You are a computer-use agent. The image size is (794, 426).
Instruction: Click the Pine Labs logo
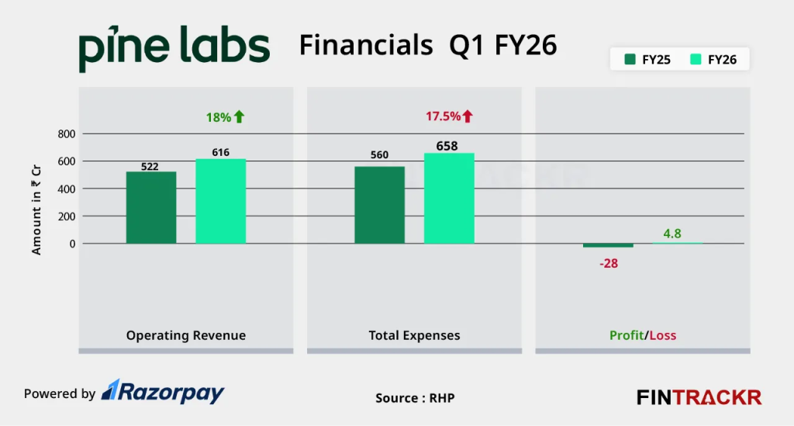[x=174, y=48]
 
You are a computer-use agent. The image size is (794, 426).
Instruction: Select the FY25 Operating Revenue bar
[x=151, y=207]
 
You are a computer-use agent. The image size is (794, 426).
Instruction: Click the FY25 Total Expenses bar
[x=379, y=205]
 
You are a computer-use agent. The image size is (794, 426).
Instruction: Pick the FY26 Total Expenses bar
[x=449, y=198]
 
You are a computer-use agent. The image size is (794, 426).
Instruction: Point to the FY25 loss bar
[x=608, y=245]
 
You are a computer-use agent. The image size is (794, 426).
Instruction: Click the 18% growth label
[x=225, y=117]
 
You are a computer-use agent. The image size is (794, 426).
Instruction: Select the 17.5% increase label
[x=449, y=116]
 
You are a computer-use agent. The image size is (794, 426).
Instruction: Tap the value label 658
[x=447, y=146]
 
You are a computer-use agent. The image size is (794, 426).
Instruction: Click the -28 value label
[x=608, y=263]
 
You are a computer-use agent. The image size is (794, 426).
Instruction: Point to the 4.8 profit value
[x=671, y=233]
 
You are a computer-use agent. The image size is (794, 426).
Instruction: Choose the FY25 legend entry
[x=647, y=59]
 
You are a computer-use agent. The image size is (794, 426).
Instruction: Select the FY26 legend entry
[x=713, y=59]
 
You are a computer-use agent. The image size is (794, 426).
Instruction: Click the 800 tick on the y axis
[x=66, y=134]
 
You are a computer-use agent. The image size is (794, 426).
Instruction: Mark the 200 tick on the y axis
[x=66, y=216]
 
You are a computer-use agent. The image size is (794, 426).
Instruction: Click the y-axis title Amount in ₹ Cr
[x=36, y=210]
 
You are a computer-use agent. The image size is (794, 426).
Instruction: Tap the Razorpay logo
[x=164, y=393]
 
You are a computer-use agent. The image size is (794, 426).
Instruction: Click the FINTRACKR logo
[x=699, y=397]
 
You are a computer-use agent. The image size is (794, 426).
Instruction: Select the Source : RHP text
[x=415, y=398]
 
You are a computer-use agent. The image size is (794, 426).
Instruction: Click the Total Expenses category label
[x=414, y=336]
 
